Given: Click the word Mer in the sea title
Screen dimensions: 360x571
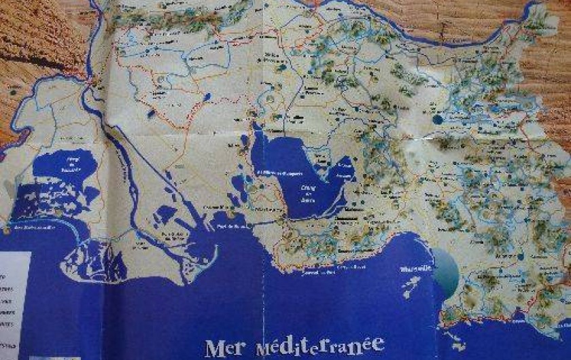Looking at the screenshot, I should [x=224, y=346].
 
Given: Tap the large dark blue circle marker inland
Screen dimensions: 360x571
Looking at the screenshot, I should [x=438, y=119].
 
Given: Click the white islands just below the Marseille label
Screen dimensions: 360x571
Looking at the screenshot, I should [x=411, y=289].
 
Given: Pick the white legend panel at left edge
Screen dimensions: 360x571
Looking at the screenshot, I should [x=15, y=299].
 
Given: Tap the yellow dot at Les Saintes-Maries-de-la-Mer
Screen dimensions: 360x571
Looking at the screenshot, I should [x=6, y=230].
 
